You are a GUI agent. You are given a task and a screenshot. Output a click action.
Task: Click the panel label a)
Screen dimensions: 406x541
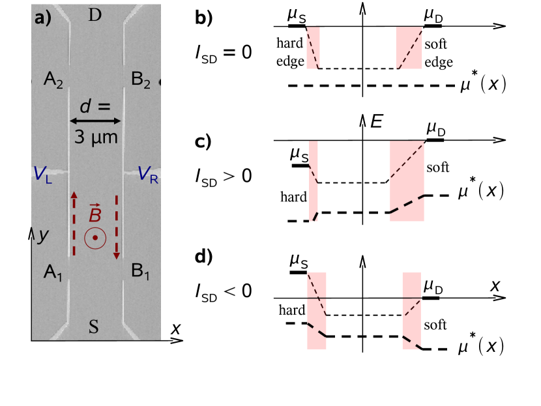(42, 18)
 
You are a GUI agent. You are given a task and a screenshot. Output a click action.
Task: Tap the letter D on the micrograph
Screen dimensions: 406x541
(95, 15)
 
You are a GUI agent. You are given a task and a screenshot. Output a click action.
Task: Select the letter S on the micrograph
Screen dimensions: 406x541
(94, 327)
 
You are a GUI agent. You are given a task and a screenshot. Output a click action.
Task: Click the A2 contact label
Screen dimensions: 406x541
(53, 80)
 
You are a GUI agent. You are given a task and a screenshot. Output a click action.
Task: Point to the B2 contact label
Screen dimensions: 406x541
(141, 80)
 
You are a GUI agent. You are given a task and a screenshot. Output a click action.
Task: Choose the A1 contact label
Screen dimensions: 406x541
(53, 272)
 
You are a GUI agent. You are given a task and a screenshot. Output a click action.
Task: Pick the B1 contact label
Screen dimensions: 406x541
(141, 272)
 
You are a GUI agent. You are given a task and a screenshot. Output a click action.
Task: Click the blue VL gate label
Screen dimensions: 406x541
(43, 175)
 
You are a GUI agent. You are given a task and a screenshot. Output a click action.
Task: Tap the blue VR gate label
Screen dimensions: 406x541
(148, 175)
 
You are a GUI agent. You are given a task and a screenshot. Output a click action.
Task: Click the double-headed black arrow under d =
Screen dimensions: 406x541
(96, 121)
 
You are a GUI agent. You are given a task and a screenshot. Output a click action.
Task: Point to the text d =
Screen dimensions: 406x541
(95, 106)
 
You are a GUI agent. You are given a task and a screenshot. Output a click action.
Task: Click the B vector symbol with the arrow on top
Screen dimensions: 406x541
(95, 214)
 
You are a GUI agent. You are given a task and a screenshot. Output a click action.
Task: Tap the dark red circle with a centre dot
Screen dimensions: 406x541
(95, 238)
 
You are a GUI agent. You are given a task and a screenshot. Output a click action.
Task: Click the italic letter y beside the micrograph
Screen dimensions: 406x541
(43, 235)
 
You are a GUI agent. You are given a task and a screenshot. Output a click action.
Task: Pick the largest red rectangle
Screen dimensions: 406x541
(407, 181)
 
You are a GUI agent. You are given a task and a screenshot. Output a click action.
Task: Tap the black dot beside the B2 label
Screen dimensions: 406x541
(161, 82)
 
